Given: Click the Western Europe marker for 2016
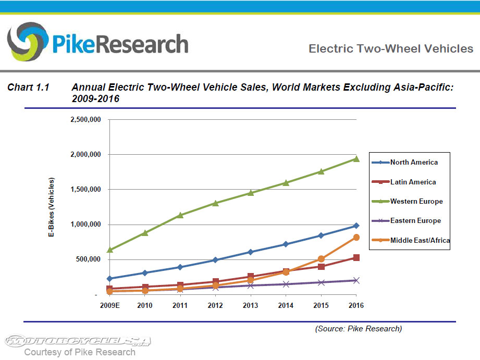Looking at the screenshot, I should [x=356, y=159].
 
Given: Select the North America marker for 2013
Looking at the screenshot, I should [x=251, y=252].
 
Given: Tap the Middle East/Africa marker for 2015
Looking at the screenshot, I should [x=321, y=259].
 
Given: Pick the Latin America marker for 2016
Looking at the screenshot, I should [x=356, y=257].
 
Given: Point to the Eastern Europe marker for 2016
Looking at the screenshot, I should [x=356, y=280].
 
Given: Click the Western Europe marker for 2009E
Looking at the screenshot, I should [x=110, y=250].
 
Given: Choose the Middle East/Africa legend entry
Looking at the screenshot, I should [x=420, y=240].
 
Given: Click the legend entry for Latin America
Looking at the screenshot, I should [x=413, y=182].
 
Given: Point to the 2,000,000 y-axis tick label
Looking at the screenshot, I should [x=85, y=155].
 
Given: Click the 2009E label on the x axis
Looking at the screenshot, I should [x=110, y=305].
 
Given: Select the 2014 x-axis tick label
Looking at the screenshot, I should [x=286, y=305].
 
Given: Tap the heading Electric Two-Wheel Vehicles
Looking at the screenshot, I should [x=391, y=49].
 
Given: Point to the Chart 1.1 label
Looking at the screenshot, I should [x=28, y=88].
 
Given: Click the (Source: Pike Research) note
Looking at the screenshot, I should [x=358, y=329].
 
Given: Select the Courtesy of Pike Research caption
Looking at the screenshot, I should [x=79, y=352].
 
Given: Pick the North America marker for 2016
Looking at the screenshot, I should [x=356, y=226].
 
